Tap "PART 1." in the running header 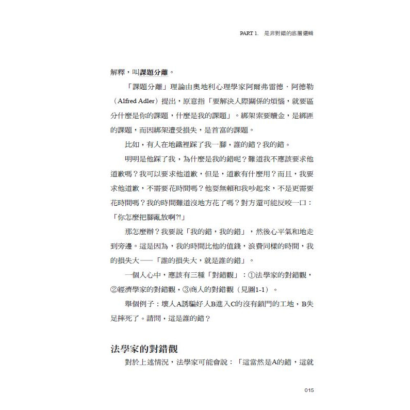pyautogui.click(x=253, y=32)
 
